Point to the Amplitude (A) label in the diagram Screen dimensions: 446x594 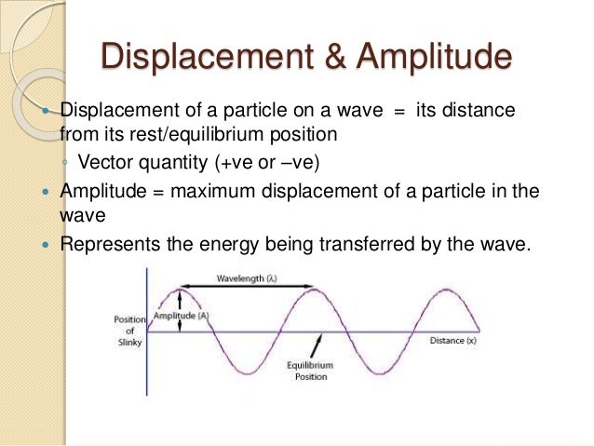[181, 316]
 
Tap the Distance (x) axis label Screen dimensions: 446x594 [453, 341]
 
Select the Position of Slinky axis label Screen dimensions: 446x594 [129, 331]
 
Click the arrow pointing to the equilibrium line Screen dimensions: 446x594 [318, 345]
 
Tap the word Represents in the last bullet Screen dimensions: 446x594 [105, 245]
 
